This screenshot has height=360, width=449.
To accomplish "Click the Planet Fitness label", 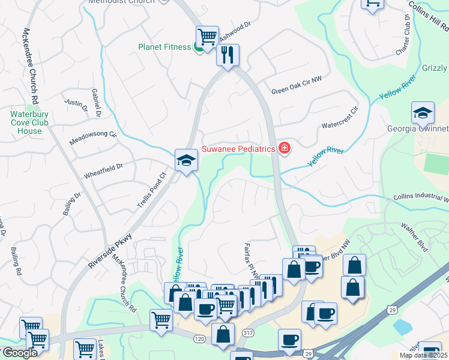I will [164, 47].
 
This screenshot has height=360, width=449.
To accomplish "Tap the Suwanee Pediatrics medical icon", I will [283, 148].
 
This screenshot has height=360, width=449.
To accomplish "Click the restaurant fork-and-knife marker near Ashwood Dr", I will [228, 55].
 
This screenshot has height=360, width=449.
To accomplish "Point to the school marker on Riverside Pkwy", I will [186, 160].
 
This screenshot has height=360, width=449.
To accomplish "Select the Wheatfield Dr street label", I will [103, 170].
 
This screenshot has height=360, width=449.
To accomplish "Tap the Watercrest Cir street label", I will [339, 118].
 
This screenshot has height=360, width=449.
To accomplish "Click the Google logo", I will [19, 352].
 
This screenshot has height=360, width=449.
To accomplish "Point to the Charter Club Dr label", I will [402, 34].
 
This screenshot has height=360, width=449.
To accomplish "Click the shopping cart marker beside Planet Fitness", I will [207, 37].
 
